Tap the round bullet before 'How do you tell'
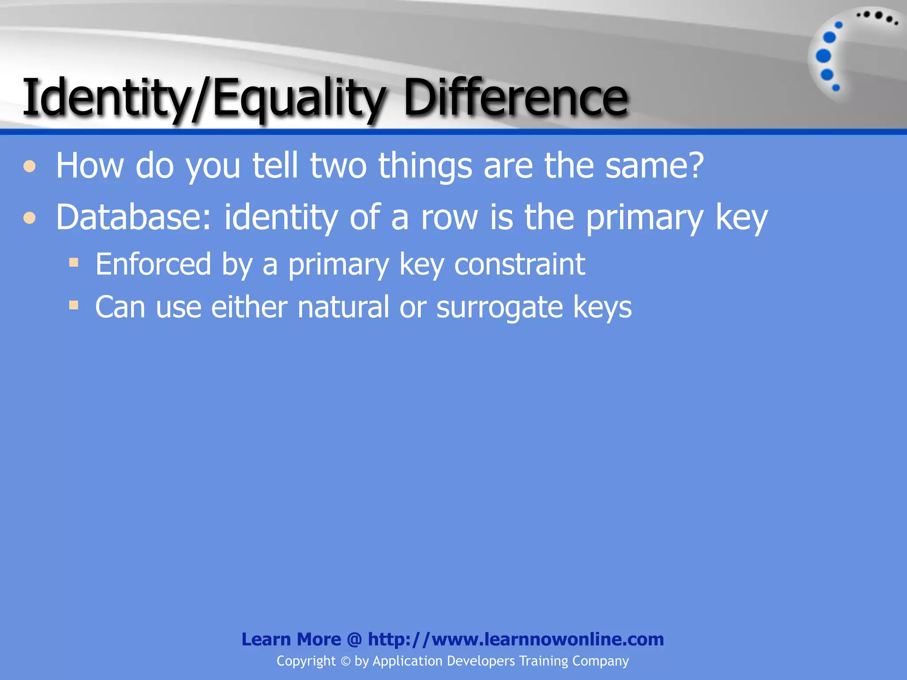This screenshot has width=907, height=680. [30, 166]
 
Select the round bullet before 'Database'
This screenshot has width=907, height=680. [30, 218]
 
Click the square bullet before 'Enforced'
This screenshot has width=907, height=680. [74, 263]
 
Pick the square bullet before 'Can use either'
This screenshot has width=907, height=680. [74, 305]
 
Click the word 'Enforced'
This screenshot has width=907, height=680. [153, 264]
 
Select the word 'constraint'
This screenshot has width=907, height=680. [519, 264]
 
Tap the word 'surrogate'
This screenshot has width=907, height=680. [500, 307]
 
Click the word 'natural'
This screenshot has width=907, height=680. [343, 307]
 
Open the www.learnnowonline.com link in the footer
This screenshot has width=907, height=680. [516, 639]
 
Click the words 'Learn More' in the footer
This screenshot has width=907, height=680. [291, 639]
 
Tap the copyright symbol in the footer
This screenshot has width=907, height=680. [345, 661]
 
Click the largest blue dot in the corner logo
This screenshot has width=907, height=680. [823, 56]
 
